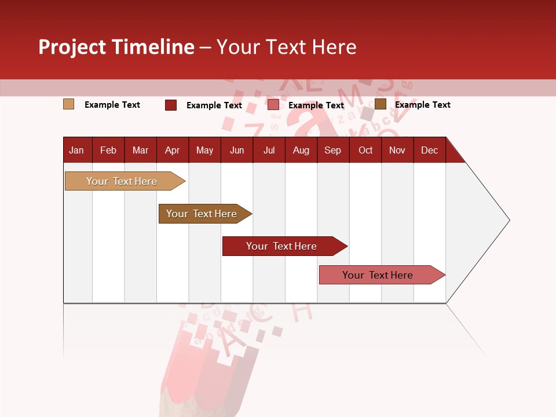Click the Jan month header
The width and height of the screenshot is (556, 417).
[77, 150]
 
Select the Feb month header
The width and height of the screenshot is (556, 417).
[108, 150]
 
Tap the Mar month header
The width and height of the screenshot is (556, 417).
[140, 150]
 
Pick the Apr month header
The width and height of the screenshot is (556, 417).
[173, 150]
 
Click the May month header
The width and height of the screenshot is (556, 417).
[204, 150]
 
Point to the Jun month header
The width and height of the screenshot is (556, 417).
[237, 150]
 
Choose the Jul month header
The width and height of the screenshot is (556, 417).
[269, 150]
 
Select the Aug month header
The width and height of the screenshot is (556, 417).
[301, 150]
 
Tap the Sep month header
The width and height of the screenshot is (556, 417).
[333, 150]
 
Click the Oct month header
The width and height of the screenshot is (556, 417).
[365, 150]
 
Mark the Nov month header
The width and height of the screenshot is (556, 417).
[397, 150]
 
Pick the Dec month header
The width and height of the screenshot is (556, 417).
[430, 150]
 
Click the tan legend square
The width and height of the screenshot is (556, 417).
[68, 104]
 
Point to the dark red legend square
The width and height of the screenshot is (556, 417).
[171, 105]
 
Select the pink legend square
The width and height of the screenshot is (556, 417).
[273, 105]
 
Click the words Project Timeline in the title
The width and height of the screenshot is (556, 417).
[116, 47]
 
